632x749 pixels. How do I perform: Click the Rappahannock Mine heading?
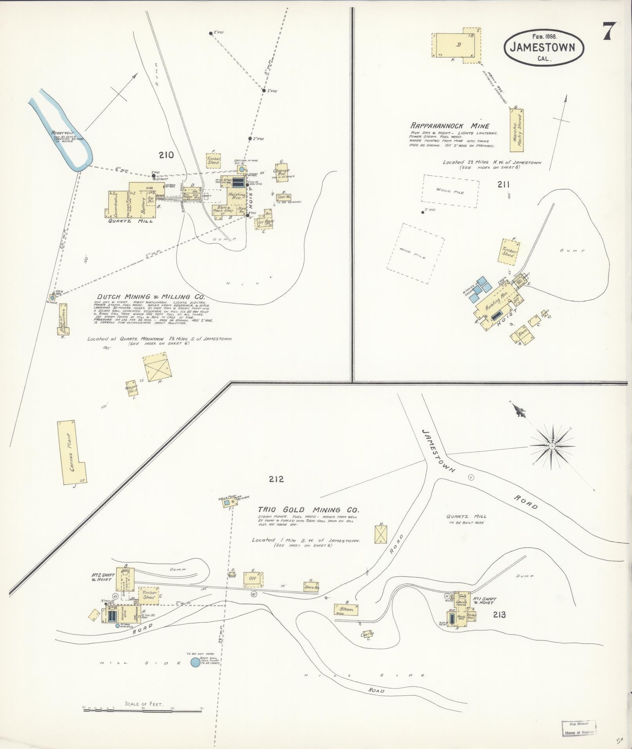pos(450,126)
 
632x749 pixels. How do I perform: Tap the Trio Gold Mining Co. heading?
pos(308,510)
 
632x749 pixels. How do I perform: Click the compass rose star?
pos(552,446)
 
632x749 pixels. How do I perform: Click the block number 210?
pos(166,155)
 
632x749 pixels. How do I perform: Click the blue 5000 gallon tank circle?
pos(195,662)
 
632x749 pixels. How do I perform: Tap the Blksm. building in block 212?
pos(346,610)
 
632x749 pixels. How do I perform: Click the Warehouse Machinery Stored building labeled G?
pos(517,130)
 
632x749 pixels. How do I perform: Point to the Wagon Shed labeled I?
pos(132,388)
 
